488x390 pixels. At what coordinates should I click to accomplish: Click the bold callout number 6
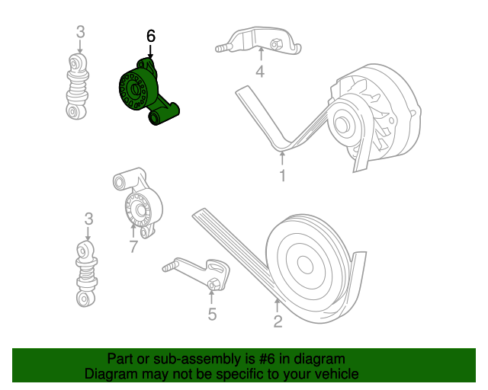[151, 37]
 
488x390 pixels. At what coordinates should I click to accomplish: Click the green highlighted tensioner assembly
[146, 91]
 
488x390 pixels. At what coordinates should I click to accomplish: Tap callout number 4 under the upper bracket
[260, 72]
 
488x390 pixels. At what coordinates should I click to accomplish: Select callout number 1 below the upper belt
[282, 176]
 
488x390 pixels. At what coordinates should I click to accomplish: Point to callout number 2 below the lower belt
[278, 321]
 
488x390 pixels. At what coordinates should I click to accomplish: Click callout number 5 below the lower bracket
[212, 314]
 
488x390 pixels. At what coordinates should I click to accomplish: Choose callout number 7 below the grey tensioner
[133, 247]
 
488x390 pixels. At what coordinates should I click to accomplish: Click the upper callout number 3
[81, 32]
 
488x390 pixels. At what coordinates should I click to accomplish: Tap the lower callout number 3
[88, 219]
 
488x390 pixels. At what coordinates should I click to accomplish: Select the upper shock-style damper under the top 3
[77, 87]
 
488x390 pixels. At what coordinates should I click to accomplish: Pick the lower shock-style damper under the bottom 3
[86, 273]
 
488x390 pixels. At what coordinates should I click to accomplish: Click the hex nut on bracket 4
[275, 43]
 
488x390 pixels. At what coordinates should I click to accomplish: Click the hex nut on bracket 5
[213, 284]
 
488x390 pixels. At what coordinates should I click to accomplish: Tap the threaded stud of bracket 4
[223, 48]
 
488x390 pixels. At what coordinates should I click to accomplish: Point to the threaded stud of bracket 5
[170, 267]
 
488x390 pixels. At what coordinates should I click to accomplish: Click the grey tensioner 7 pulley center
[140, 209]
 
